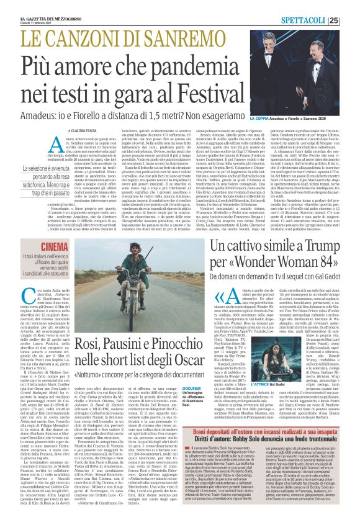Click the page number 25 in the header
point(351,20)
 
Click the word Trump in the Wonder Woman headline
point(322,248)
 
